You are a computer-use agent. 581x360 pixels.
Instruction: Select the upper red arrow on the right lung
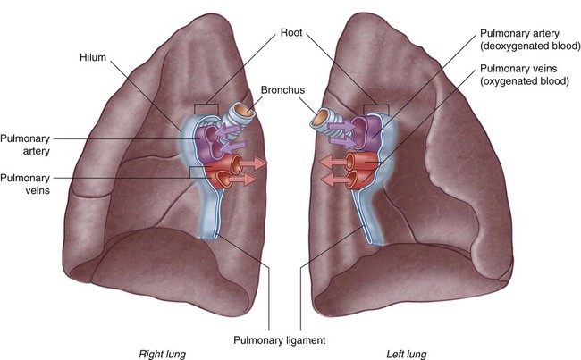click(x=254, y=163)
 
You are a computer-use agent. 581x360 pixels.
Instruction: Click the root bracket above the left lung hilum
click(x=376, y=109)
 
